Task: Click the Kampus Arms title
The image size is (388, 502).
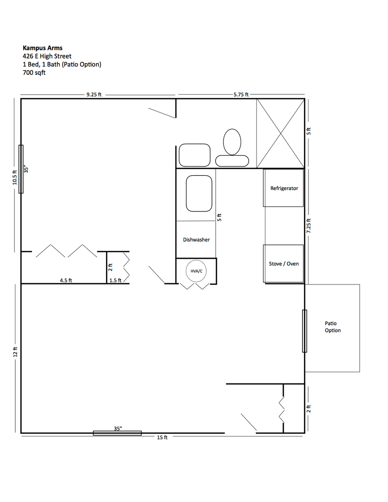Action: [43, 48]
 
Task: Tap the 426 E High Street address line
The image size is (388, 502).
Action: [47, 56]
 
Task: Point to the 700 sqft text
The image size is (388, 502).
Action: [34, 73]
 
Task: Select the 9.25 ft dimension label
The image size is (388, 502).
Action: [94, 94]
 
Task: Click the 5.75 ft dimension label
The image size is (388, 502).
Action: [241, 94]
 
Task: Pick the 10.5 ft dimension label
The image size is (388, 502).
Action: [15, 177]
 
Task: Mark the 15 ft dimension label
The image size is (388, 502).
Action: [162, 437]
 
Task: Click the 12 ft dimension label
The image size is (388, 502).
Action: [15, 352]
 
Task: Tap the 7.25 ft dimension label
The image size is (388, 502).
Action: [309, 225]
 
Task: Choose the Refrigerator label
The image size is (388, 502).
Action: [284, 188]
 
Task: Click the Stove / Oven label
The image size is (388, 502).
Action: [283, 264]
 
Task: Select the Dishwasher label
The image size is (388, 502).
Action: [196, 239]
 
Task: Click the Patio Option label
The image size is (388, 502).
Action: [333, 327]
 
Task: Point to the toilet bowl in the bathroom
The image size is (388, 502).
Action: [232, 141]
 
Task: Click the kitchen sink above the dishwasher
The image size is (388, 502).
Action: [199, 193]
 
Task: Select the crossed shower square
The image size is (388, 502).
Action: [281, 133]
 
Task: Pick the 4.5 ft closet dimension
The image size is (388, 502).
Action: [66, 280]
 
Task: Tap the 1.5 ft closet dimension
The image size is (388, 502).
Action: [115, 280]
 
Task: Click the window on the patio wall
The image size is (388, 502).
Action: [304, 331]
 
